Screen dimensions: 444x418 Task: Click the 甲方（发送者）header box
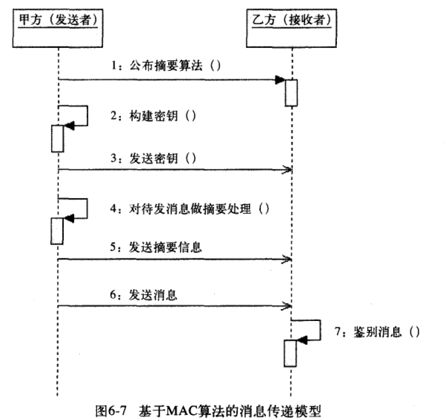click(58, 28)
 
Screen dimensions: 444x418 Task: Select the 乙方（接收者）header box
click(292, 28)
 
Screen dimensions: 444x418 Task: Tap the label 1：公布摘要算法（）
click(166, 66)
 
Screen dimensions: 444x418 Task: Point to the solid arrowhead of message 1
click(280, 80)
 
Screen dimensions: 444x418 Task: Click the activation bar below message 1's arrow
click(291, 93)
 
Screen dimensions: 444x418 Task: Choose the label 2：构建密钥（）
click(153, 116)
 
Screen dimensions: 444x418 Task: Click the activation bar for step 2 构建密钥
click(57, 139)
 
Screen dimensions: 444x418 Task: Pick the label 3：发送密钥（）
click(153, 158)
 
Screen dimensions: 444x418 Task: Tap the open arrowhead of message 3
click(287, 170)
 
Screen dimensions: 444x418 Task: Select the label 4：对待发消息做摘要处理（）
click(190, 209)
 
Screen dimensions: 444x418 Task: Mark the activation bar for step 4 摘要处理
click(57, 231)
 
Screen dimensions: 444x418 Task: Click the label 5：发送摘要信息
click(156, 247)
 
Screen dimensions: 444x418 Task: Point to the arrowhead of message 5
click(287, 259)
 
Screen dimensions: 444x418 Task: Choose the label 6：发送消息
click(143, 295)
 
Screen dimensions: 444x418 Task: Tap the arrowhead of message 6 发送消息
click(287, 306)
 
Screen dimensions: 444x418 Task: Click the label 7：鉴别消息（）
click(377, 331)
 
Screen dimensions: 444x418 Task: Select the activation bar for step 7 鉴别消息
click(290, 353)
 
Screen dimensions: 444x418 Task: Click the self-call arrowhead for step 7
click(302, 340)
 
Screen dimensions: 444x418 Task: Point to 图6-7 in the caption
click(111, 411)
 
